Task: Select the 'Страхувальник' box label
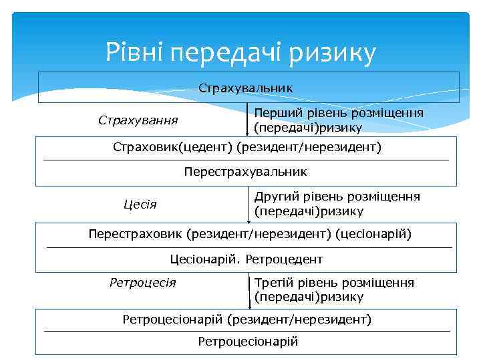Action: pos(246,88)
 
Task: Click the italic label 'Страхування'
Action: pos(138,120)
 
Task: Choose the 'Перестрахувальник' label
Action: pos(245,172)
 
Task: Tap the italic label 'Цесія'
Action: pos(140,204)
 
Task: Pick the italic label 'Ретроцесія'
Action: pos(142,282)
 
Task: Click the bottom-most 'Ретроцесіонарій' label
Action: pos(248,342)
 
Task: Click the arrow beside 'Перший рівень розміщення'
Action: pos(248,120)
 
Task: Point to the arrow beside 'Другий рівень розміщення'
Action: pos(248,204)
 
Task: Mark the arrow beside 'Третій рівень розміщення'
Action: pos(248,289)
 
